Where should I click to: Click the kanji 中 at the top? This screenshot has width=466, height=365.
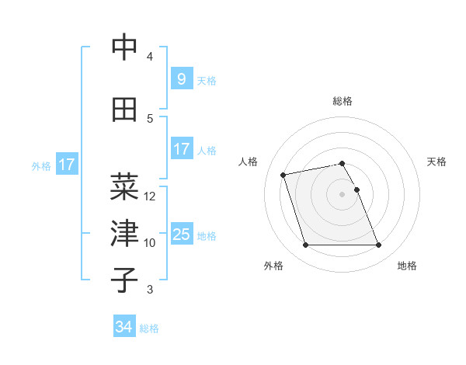[x=124, y=48]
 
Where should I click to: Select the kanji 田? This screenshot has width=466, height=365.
[x=124, y=109]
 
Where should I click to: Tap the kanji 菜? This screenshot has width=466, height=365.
[x=124, y=186]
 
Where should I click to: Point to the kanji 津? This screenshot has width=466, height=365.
[x=124, y=233]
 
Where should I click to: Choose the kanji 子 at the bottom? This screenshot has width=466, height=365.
[x=124, y=280]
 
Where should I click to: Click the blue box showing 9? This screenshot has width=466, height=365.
[x=181, y=78]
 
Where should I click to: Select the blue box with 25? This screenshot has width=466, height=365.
[x=181, y=235]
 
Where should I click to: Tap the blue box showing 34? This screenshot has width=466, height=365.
[x=123, y=327]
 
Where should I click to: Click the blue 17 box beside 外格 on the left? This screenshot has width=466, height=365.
[x=66, y=165]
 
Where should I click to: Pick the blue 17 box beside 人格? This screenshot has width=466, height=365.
[x=181, y=149]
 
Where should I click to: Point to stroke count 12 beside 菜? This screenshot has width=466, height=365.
[x=150, y=196]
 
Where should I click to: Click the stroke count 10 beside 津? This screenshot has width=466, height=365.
[x=150, y=243]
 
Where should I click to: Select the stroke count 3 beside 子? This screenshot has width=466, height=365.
[x=150, y=290]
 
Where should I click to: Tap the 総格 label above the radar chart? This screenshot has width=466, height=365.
[x=342, y=101]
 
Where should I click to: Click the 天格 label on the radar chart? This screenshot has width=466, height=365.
[x=436, y=162]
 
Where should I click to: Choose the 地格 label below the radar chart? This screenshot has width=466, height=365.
[x=407, y=266]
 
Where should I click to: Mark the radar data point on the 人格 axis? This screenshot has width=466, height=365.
[x=283, y=174]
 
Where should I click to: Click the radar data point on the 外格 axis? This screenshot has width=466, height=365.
[x=305, y=245]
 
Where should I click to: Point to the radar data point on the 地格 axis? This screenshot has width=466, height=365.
[x=378, y=245]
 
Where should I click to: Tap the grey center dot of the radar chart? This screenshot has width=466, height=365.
[x=342, y=194]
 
